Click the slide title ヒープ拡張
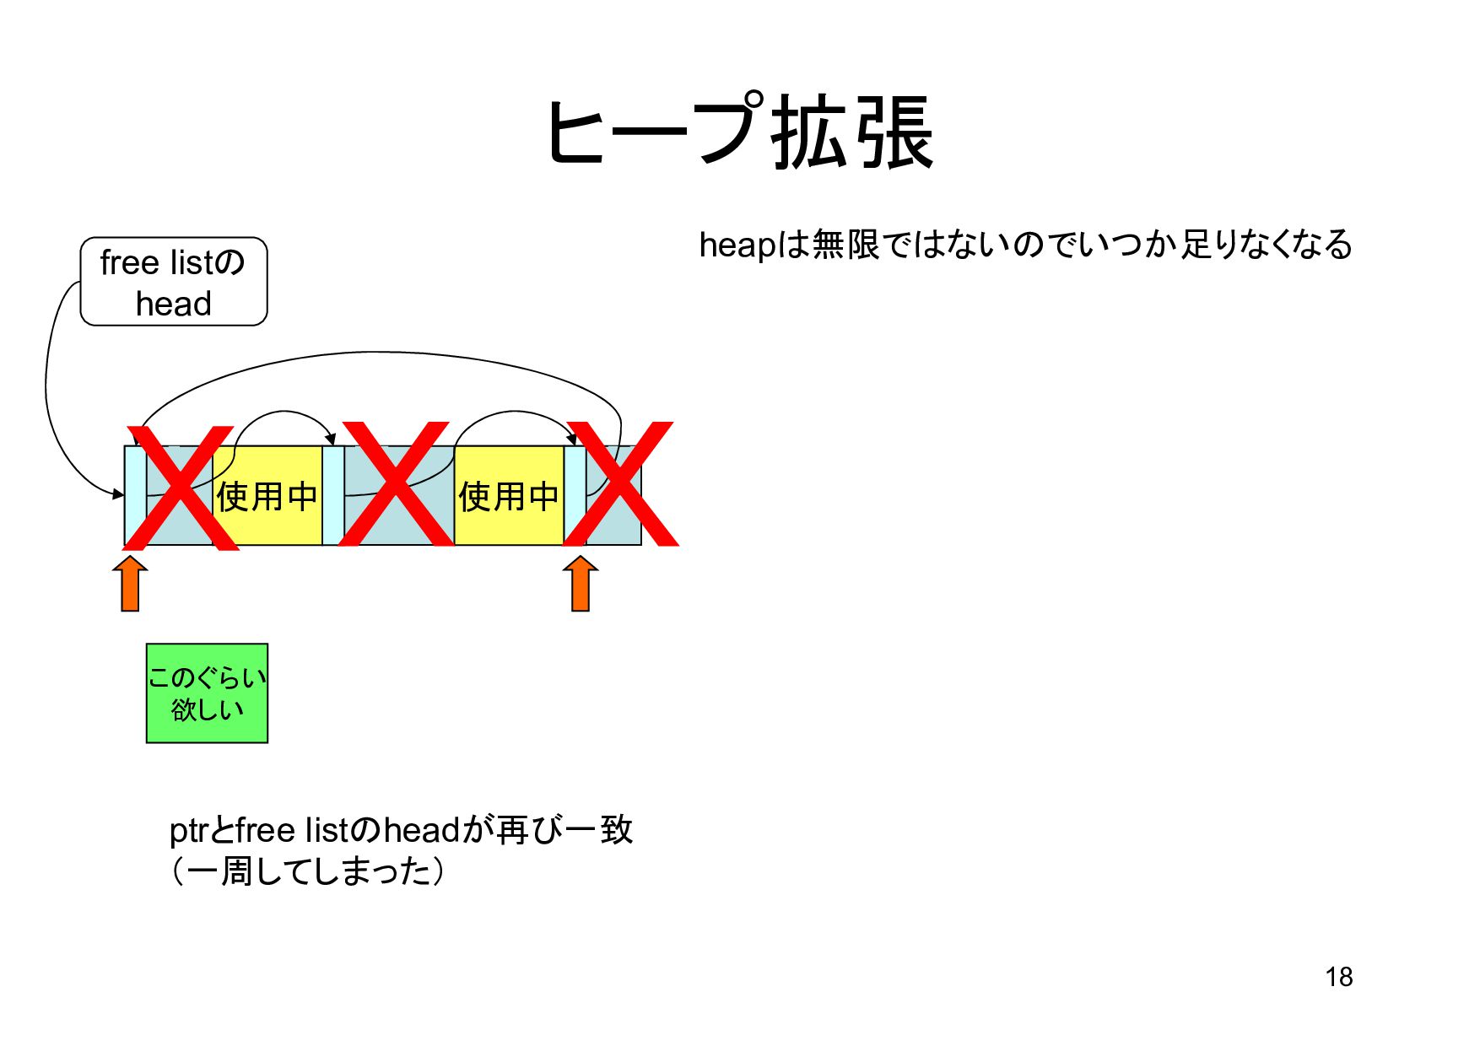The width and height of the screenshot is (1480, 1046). [740, 133]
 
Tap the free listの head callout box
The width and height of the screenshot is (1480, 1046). [174, 282]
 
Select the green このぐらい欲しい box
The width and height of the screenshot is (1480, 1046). [207, 693]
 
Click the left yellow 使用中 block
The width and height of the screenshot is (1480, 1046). [267, 496]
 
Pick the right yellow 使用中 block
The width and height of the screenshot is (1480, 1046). [509, 496]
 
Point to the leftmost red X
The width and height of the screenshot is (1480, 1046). [186, 488]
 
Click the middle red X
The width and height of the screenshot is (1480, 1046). [396, 485]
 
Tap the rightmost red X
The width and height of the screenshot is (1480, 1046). [621, 485]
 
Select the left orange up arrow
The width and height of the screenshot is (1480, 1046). [130, 584]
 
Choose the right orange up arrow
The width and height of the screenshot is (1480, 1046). [581, 584]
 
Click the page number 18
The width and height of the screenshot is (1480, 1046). [1338, 977]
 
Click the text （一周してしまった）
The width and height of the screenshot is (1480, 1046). [308, 871]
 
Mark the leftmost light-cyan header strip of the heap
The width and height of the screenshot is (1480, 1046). [135, 496]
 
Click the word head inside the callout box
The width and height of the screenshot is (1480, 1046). [174, 304]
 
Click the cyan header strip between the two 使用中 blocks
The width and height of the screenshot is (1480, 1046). [333, 496]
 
